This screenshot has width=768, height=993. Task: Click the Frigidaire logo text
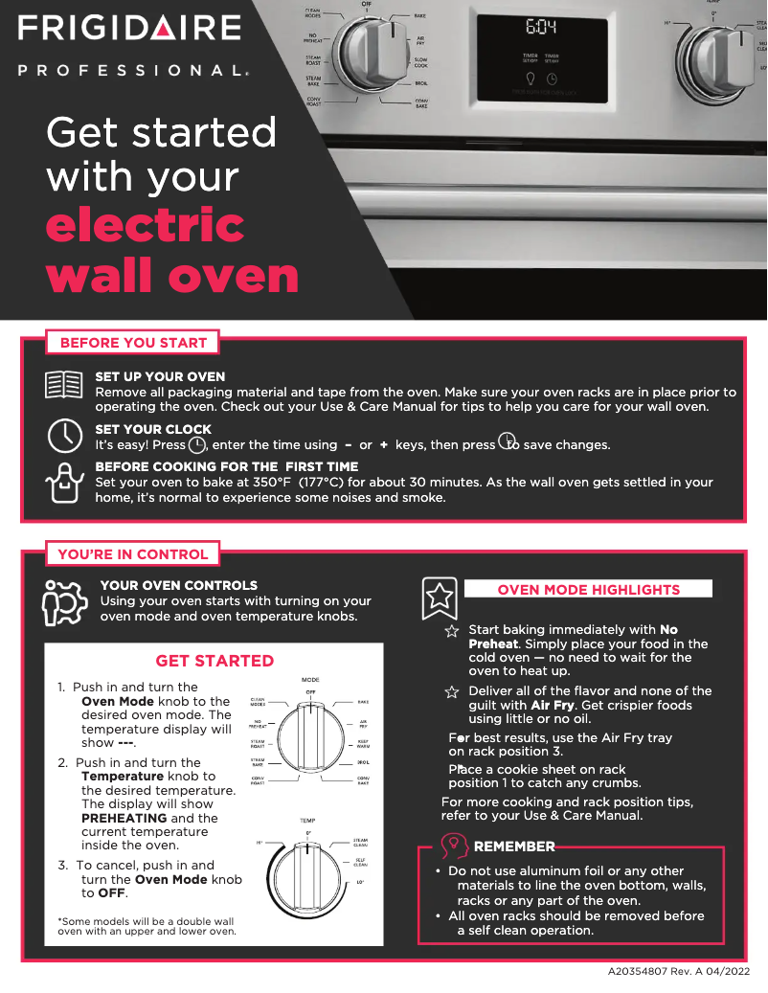pyautogui.click(x=128, y=28)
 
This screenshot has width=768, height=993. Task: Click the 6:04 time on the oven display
pyautogui.click(x=541, y=28)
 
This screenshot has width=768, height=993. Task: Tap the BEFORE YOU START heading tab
pyautogui.click(x=133, y=342)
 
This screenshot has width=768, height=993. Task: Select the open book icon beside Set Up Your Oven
pyautogui.click(x=64, y=385)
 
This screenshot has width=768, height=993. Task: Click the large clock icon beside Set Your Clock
pyautogui.click(x=64, y=436)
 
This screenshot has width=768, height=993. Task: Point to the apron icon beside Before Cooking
pyautogui.click(x=64, y=482)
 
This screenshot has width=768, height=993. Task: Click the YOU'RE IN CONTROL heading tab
pyautogui.click(x=132, y=553)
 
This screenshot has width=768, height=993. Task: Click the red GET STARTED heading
pyautogui.click(x=215, y=661)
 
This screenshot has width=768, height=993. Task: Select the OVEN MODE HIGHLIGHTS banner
pyautogui.click(x=588, y=589)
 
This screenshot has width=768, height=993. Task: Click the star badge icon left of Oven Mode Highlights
pyautogui.click(x=440, y=598)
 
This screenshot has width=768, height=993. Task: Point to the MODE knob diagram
pyautogui.click(x=309, y=738)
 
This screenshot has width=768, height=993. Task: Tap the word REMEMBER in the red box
pyautogui.click(x=514, y=846)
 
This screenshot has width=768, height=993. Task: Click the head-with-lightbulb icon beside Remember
pyautogui.click(x=454, y=845)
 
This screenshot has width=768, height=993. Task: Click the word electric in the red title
pyautogui.click(x=145, y=225)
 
